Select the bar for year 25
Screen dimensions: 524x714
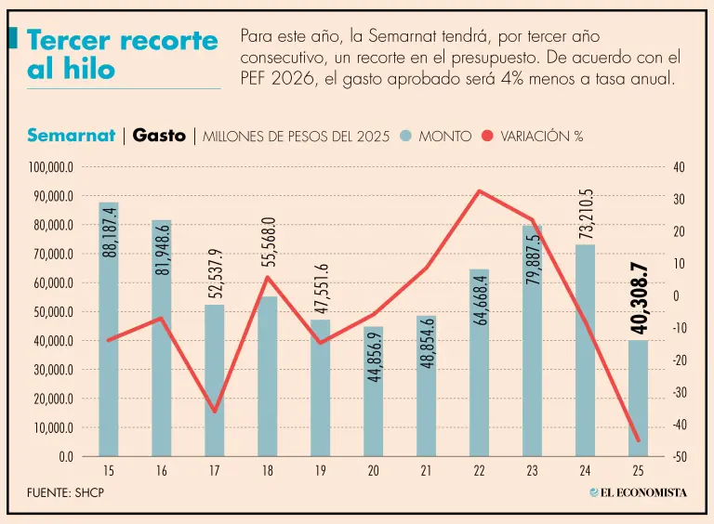coord(638,400)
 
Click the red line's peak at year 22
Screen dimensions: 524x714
coord(479,191)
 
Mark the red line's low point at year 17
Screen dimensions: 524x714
coord(215,411)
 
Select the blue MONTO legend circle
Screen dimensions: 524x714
coord(405,137)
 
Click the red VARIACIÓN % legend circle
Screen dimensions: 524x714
coord(487,137)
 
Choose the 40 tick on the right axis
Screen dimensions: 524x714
coord(678,168)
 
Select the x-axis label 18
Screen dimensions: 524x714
coord(268,472)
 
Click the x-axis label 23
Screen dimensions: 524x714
coord(532,472)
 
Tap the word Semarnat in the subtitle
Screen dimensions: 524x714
coord(71,136)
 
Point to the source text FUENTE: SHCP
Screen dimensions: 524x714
coord(65,492)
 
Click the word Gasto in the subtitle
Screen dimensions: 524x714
coord(159,136)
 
